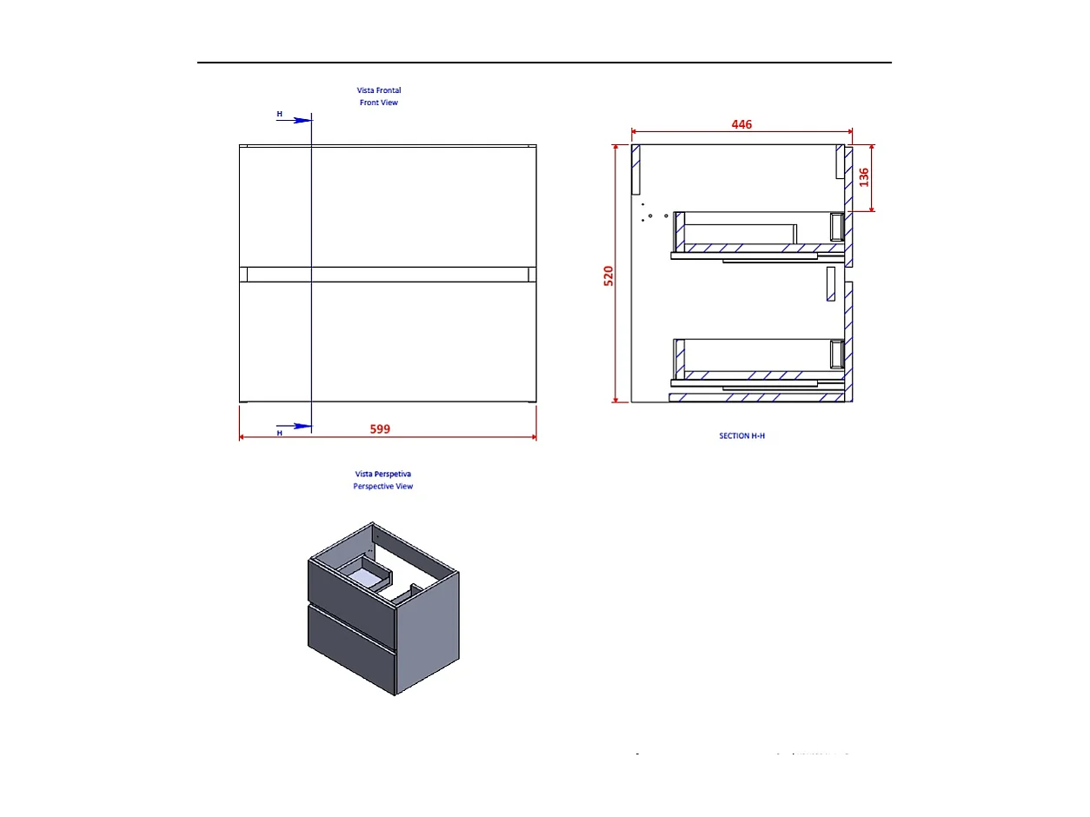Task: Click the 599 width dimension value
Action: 380,428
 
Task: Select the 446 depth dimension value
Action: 741,124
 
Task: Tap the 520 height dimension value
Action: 608,276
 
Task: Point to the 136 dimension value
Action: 863,177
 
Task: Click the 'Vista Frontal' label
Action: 379,90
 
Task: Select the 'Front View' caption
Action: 379,103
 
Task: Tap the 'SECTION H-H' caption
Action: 741,435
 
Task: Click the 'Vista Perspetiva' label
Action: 382,474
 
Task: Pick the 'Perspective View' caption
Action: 382,486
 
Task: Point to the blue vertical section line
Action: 311,348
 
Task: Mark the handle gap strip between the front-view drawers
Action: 388,275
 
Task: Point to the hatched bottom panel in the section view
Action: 756,398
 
